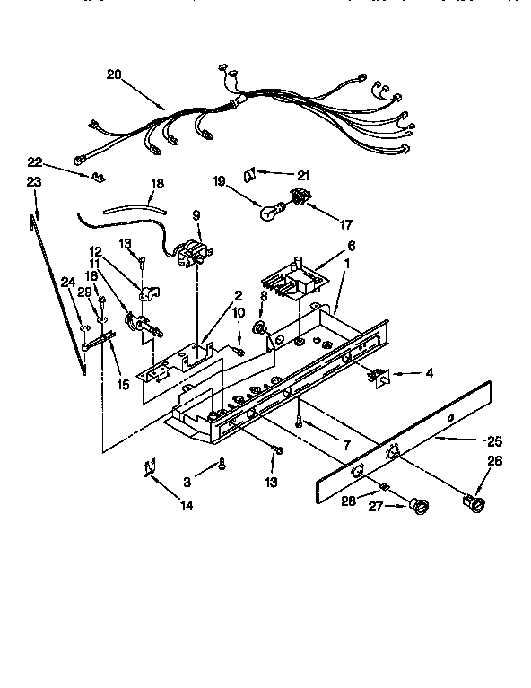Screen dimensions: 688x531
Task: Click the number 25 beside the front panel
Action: pos(493,441)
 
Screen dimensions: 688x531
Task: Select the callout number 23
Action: pos(34,183)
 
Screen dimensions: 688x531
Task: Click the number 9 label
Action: pos(196,215)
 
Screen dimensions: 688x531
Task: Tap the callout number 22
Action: pos(34,162)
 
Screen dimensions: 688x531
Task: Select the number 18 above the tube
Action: pos(157,184)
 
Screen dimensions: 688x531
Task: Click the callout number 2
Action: pos(239,295)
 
